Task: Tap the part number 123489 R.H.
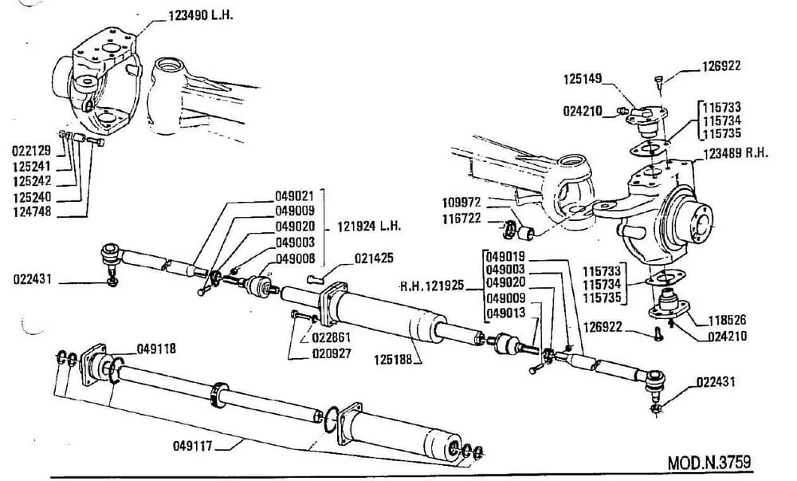pyautogui.click(x=734, y=154)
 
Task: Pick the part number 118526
pyautogui.click(x=725, y=321)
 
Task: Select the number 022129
pyautogui.click(x=31, y=150)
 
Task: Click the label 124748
pyautogui.click(x=31, y=211)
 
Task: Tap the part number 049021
pyautogui.click(x=295, y=195)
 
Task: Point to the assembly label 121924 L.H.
pyautogui.click(x=367, y=227)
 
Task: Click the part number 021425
pyautogui.click(x=374, y=258)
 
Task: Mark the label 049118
pyautogui.click(x=156, y=349)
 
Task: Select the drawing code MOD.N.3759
pyautogui.click(x=709, y=463)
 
